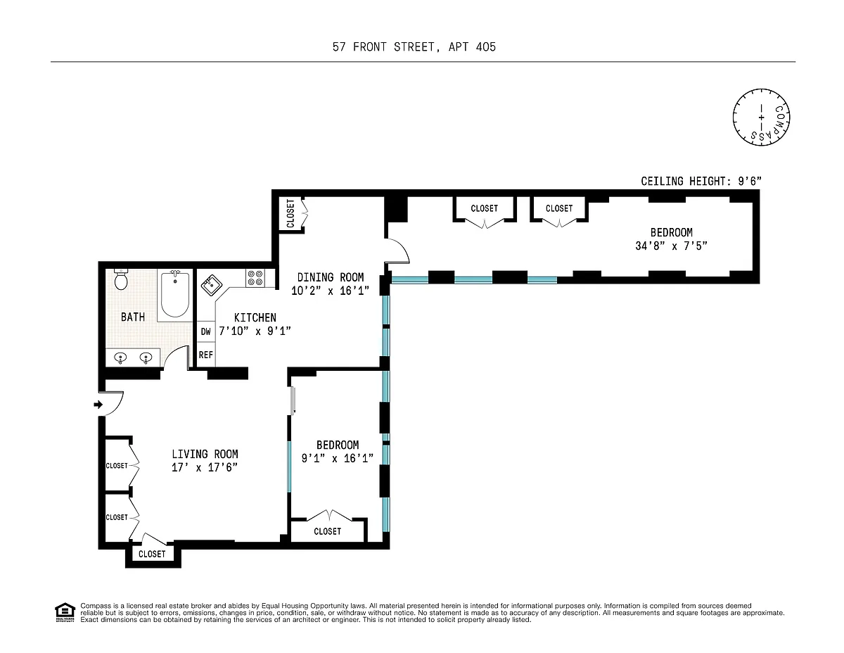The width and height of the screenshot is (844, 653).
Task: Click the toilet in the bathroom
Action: tap(121, 279)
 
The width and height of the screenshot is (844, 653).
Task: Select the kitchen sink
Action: tap(211, 285)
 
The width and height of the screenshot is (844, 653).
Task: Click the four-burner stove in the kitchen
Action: tap(255, 278)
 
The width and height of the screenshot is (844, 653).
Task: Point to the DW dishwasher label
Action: tap(206, 331)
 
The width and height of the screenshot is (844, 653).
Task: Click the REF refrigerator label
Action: tap(206, 355)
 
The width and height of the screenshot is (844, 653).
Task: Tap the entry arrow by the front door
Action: tap(98, 405)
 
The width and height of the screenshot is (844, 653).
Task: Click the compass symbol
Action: tap(761, 118)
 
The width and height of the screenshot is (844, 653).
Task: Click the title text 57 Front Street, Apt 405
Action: tap(414, 47)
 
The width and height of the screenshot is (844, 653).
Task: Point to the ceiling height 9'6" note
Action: tap(701, 181)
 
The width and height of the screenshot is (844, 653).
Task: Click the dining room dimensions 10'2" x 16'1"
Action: tap(330, 291)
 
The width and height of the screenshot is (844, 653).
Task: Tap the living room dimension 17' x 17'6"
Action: tap(204, 467)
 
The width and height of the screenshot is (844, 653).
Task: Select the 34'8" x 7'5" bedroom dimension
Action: tap(671, 246)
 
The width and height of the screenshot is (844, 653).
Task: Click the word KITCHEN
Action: tap(255, 318)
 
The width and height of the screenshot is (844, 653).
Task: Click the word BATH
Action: tap(133, 317)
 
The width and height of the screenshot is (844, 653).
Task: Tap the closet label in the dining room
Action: tap(290, 213)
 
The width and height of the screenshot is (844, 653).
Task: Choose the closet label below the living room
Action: tap(152, 554)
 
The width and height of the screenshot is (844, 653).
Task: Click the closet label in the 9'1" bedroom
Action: tap(328, 531)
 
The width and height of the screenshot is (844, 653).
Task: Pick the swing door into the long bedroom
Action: tap(397, 251)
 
